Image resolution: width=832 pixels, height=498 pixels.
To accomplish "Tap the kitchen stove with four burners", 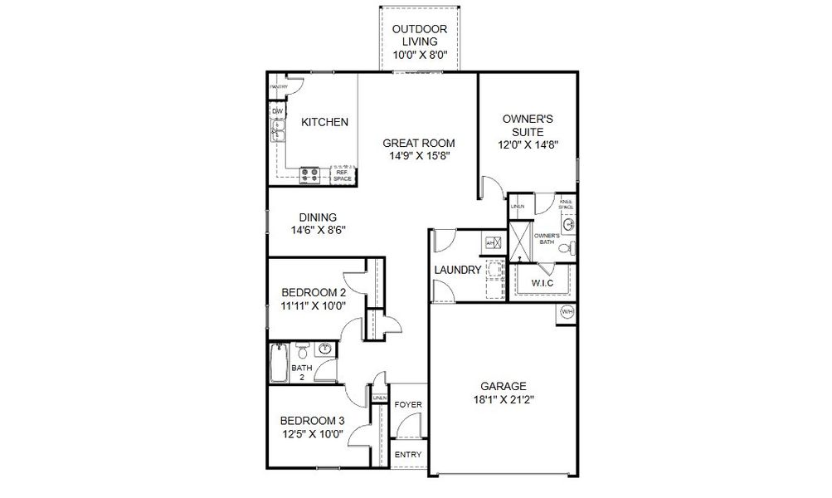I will (310, 174).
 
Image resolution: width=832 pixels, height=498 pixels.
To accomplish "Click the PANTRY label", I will (277, 86).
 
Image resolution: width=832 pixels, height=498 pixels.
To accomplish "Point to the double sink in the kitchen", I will (277, 131).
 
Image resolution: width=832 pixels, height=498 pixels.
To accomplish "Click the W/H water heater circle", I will (567, 312).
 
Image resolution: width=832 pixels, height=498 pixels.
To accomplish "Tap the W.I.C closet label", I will (541, 283).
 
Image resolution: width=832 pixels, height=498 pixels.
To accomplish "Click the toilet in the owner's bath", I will (567, 247).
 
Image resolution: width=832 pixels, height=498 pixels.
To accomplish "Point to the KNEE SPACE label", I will (566, 203).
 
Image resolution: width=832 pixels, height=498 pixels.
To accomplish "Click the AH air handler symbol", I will (490, 242).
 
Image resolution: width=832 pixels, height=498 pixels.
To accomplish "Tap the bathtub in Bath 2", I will (277, 363).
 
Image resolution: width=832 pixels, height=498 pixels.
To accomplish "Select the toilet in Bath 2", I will (303, 349).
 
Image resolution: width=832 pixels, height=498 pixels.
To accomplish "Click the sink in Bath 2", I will (327, 349).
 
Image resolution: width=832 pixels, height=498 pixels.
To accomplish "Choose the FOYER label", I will (406, 405).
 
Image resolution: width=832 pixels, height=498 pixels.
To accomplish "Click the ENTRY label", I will (407, 455).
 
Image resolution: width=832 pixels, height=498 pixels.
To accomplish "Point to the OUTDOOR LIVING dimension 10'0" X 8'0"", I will (426, 53).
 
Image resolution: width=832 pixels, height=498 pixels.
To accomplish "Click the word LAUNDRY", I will (457, 270).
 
